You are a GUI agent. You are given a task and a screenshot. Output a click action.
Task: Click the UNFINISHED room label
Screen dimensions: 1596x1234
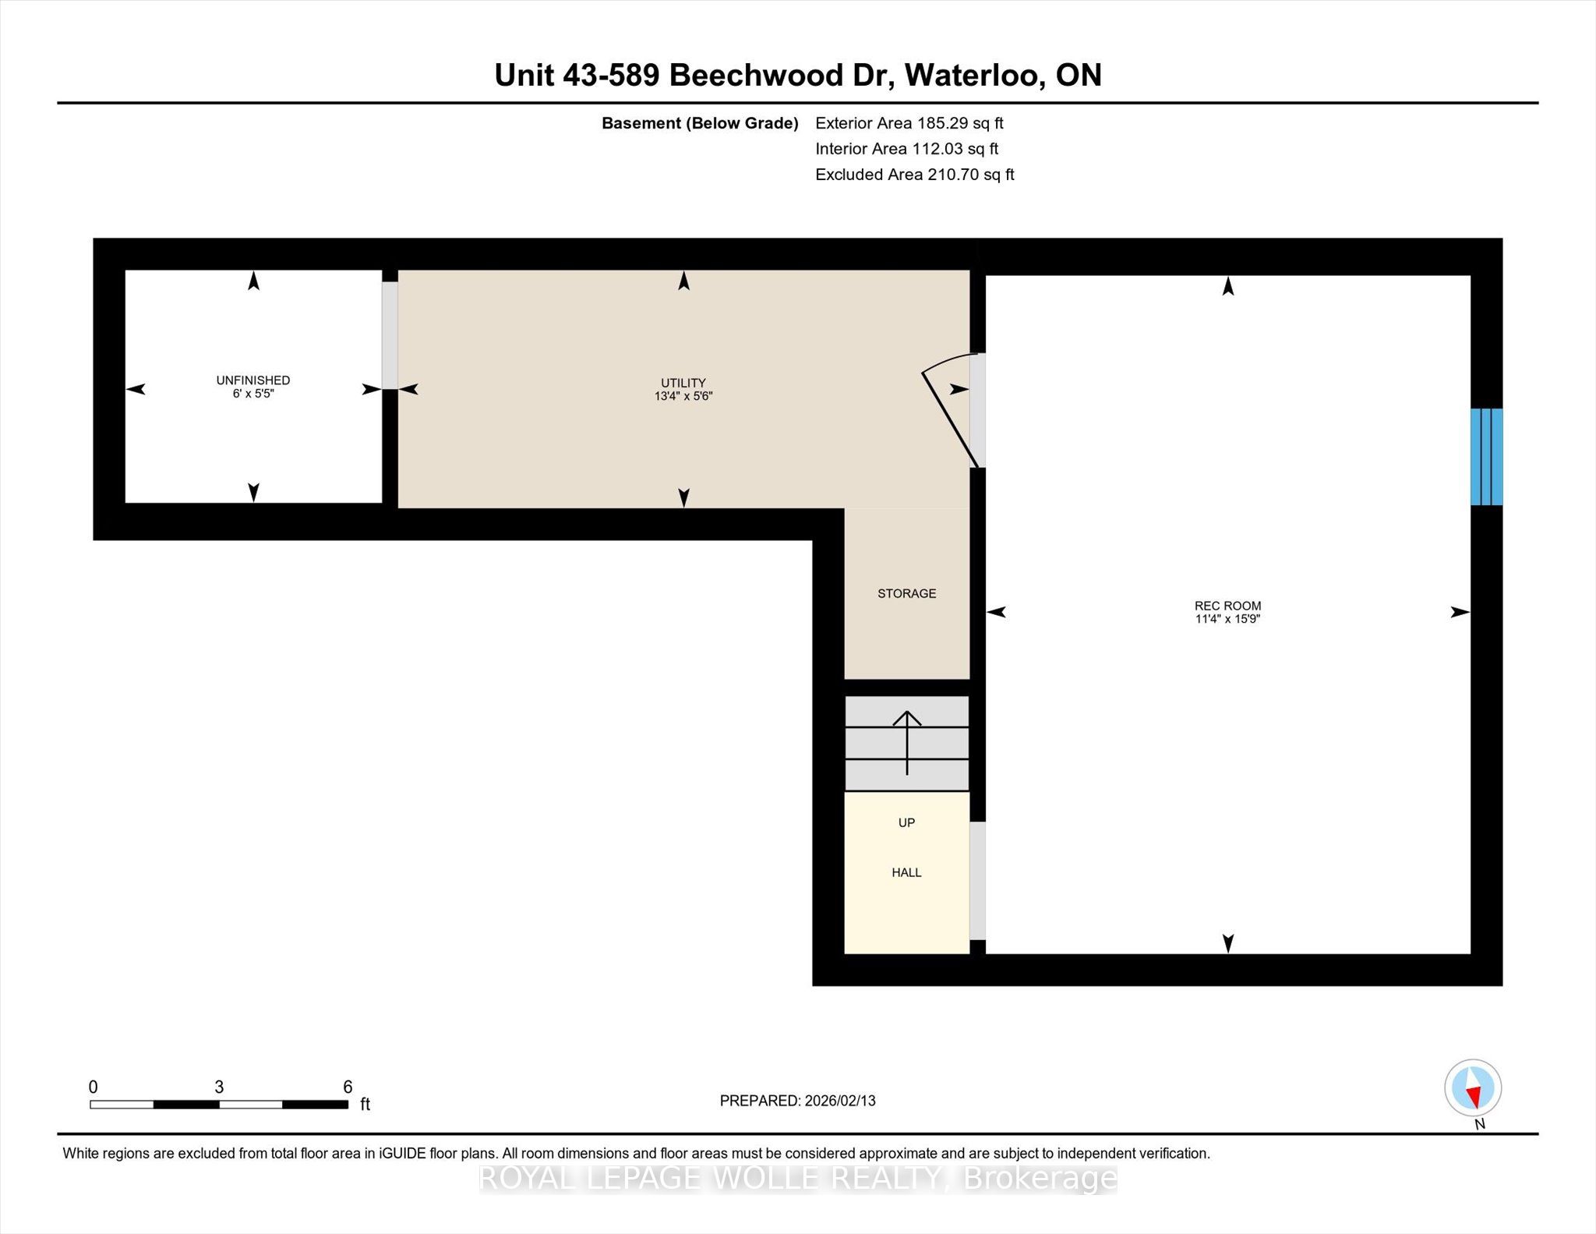(x=253, y=380)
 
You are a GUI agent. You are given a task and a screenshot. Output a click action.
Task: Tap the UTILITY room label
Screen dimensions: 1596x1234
(x=683, y=383)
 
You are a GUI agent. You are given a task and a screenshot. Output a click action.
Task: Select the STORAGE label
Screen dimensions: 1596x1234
(x=907, y=593)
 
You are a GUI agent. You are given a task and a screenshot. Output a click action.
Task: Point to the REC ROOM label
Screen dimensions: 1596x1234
(x=1228, y=606)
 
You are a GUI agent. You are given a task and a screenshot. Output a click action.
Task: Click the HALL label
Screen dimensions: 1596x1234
(x=906, y=872)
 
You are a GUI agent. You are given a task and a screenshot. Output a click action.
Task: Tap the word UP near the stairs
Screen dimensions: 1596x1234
(x=906, y=822)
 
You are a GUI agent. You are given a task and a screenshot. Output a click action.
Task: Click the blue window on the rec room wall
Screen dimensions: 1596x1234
(x=1486, y=457)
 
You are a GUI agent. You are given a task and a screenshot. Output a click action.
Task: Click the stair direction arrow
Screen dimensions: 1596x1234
(x=907, y=743)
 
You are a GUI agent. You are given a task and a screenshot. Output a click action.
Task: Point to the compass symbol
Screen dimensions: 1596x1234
(x=1473, y=1088)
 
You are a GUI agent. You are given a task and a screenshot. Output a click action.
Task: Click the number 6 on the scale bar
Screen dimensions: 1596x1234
(x=348, y=1087)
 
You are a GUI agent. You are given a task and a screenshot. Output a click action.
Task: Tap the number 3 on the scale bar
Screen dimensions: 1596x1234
(x=219, y=1087)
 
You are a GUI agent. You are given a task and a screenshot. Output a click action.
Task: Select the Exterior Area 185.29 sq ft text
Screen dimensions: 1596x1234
(x=909, y=123)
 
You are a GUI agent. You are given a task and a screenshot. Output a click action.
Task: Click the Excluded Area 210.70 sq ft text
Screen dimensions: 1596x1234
(x=915, y=175)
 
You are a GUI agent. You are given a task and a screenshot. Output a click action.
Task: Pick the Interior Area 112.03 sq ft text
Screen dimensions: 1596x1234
(x=907, y=149)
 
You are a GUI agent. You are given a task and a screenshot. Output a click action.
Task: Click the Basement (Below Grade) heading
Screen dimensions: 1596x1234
(x=700, y=123)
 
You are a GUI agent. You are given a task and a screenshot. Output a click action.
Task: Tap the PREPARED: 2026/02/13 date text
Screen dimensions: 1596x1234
(x=798, y=1101)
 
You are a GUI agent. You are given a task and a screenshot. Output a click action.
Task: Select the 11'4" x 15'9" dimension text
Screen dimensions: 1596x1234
(x=1228, y=619)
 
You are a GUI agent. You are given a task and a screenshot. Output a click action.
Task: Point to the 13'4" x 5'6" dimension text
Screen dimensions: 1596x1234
(x=683, y=396)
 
